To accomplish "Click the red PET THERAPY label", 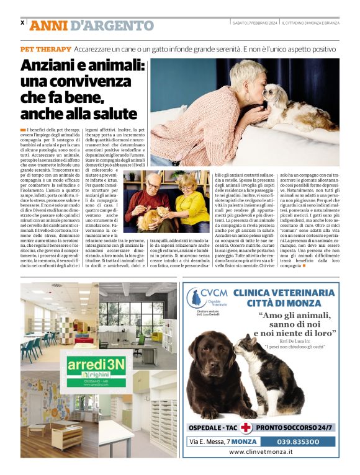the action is click(x=45, y=48).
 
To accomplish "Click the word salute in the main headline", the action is click(x=117, y=113).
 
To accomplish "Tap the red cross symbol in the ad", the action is click(x=246, y=427).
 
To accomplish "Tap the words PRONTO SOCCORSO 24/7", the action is click(x=295, y=427).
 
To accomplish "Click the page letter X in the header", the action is click(x=22, y=24).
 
